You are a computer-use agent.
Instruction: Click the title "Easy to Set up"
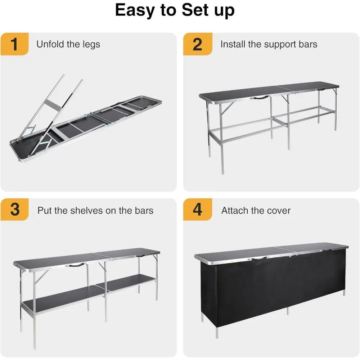click(175, 11)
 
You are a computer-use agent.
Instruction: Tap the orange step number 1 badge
click(14, 45)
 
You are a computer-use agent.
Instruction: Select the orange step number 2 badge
click(197, 45)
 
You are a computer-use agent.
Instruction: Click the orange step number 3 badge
click(14, 210)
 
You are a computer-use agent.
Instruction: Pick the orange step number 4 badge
click(197, 210)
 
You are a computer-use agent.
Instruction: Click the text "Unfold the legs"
click(68, 44)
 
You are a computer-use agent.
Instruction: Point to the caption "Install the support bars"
click(269, 44)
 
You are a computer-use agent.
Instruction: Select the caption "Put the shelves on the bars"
click(95, 210)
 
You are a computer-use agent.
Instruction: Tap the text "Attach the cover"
click(256, 210)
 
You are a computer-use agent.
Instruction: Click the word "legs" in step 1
click(91, 45)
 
